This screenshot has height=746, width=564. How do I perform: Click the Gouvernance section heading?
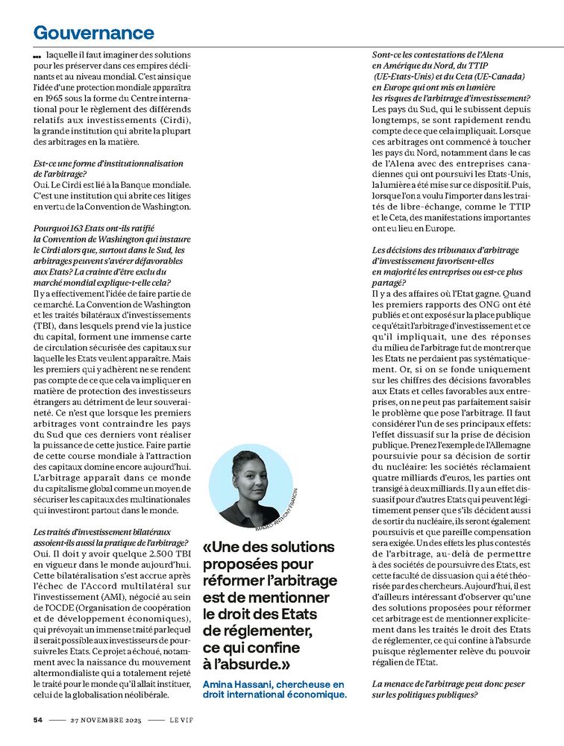coord(93,32)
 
